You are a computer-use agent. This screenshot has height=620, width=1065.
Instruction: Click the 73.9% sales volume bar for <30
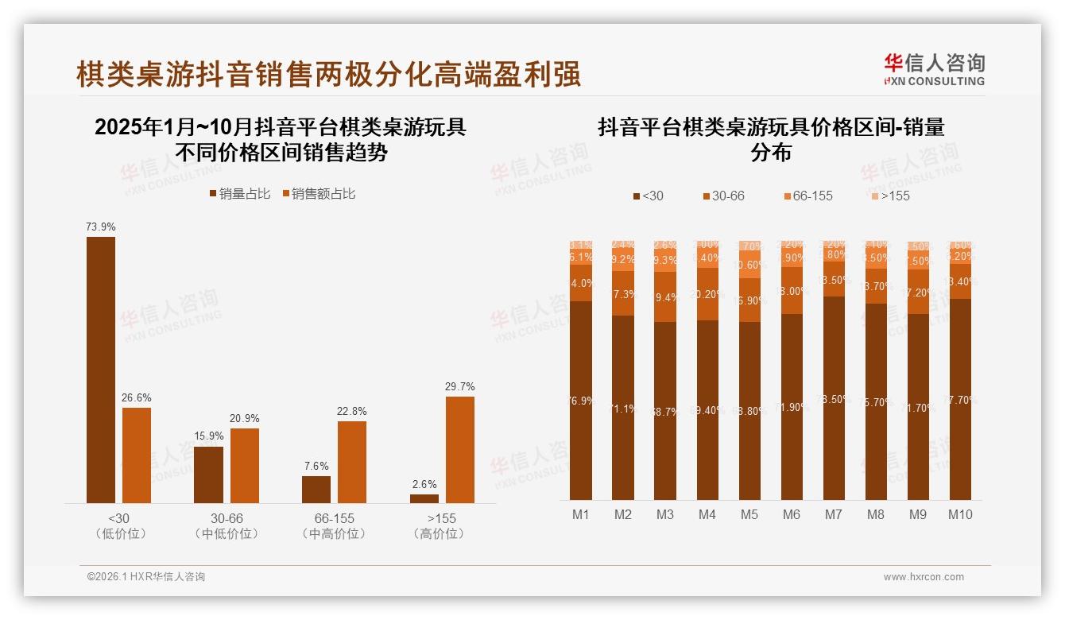[x=101, y=370]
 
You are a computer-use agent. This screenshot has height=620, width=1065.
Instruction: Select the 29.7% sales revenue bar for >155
[x=460, y=449]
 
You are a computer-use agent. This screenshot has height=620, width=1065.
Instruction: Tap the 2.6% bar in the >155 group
[x=424, y=498]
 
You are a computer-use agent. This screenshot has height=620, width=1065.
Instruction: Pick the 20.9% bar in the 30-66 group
[x=245, y=465]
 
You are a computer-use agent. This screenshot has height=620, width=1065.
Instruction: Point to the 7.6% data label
[x=316, y=467]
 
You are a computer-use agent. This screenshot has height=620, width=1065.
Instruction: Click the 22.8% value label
[x=352, y=412]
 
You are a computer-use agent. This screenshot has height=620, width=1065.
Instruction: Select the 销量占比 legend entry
[x=240, y=194]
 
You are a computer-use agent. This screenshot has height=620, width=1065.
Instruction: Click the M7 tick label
[x=833, y=515]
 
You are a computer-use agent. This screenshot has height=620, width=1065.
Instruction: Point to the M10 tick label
[x=960, y=515]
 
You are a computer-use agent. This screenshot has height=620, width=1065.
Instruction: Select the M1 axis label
[x=581, y=515]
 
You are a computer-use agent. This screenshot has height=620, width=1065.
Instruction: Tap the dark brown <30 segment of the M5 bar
[x=749, y=410]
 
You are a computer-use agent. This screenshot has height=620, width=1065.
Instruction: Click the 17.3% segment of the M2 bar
[x=623, y=293]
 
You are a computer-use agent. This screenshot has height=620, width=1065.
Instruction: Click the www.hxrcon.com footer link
[x=924, y=577]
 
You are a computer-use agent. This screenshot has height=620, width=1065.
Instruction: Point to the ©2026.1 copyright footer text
[x=146, y=577]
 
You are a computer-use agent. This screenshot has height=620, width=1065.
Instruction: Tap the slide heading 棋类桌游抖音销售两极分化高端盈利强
[x=328, y=75]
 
